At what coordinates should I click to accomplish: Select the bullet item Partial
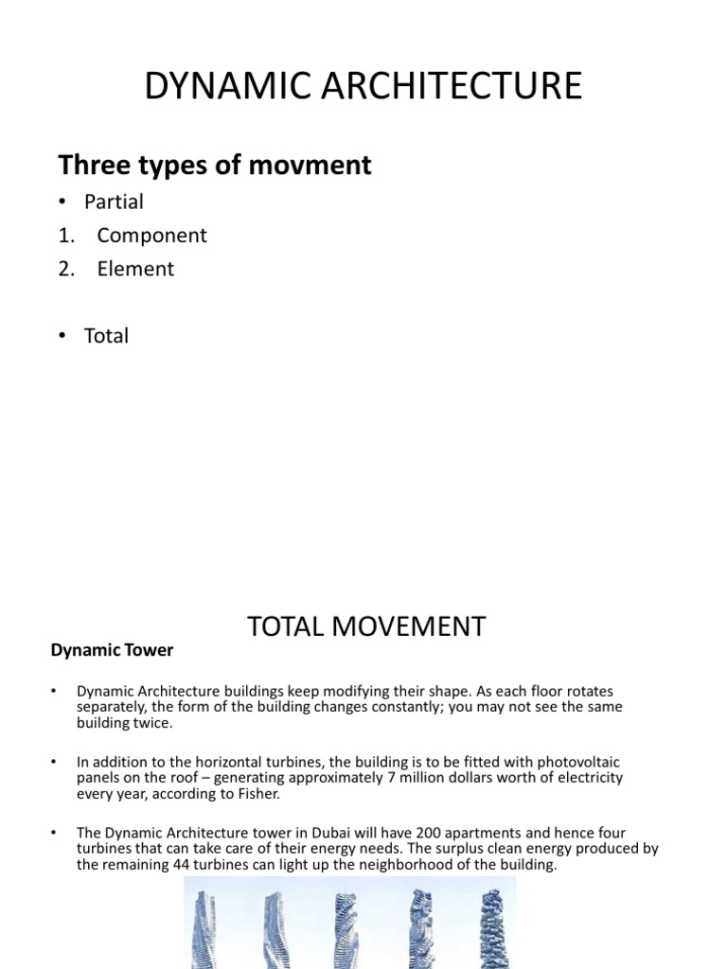pyautogui.click(x=114, y=202)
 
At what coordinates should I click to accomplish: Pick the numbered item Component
pyautogui.click(x=151, y=236)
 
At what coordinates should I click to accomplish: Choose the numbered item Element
pyautogui.click(x=135, y=269)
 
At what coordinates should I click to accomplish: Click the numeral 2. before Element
pyautogui.click(x=65, y=269)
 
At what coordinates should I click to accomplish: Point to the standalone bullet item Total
pyautogui.click(x=106, y=336)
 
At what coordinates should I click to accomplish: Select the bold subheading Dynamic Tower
pyautogui.click(x=112, y=650)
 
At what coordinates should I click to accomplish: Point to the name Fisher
pyautogui.click(x=256, y=794)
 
